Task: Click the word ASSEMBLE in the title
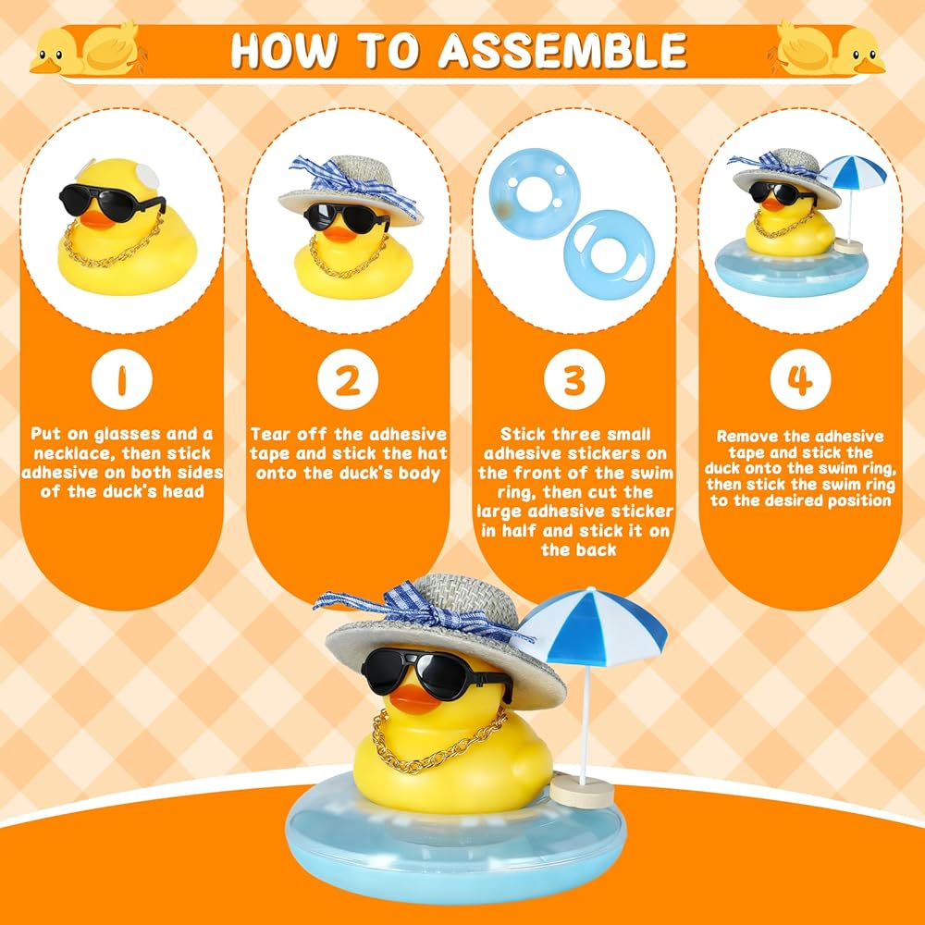[x=562, y=51]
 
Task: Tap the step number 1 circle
[x=122, y=379]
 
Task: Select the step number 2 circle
[x=348, y=379]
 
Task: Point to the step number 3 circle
[x=574, y=379]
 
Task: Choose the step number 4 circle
[x=800, y=379]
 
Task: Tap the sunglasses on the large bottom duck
[x=436, y=672]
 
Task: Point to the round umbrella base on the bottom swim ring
[x=582, y=793]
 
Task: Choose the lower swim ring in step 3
[x=610, y=254]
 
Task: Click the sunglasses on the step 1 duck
[x=112, y=202]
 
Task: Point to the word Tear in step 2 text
[x=271, y=435]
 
